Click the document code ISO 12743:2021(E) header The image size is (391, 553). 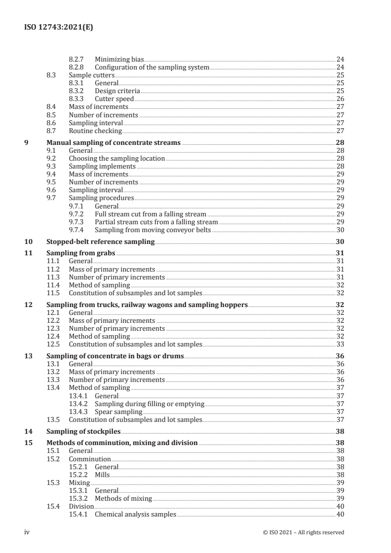click(x=59, y=28)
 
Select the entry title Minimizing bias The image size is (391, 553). click(x=119, y=59)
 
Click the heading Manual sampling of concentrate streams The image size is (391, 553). click(x=113, y=143)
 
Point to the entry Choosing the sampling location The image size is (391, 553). click(x=117, y=159)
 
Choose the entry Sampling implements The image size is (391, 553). click(x=102, y=167)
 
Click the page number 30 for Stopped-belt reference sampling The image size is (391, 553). click(x=340, y=242)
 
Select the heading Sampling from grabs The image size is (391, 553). click(x=80, y=253)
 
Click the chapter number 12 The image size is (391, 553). click(x=29, y=305)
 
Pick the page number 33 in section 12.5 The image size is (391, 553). click(x=340, y=344)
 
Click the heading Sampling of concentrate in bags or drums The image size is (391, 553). click(x=115, y=356)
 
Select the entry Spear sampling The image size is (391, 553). click(x=118, y=412)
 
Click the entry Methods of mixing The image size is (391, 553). click(x=123, y=498)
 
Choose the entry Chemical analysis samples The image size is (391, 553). click(x=135, y=514)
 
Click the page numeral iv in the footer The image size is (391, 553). click(x=28, y=532)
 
